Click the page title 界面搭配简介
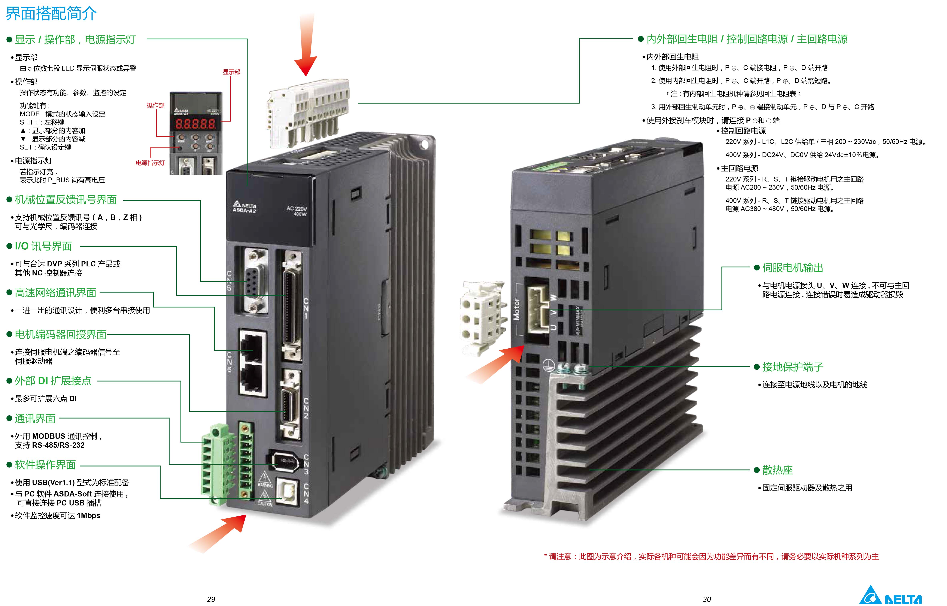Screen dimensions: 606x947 pyautogui.click(x=51, y=14)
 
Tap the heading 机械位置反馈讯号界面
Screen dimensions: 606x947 pyautogui.click(x=66, y=200)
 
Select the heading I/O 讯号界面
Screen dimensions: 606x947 pyautogui.click(x=43, y=246)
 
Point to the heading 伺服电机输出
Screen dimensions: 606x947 pyautogui.click(x=792, y=268)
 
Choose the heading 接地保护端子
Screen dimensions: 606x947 pyautogui.click(x=792, y=367)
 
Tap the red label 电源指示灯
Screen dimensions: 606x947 pyautogui.click(x=150, y=163)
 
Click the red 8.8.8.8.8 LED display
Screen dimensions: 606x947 pyautogui.click(x=195, y=124)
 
